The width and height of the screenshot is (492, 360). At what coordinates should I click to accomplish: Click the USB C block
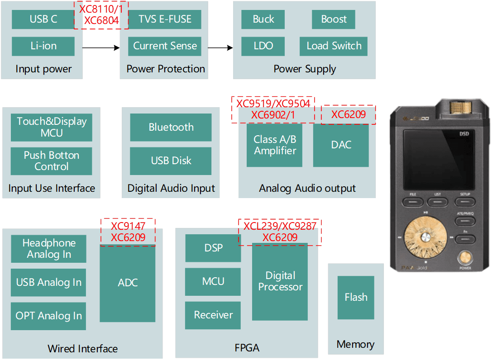43,19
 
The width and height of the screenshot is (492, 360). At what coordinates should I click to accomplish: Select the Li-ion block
43,46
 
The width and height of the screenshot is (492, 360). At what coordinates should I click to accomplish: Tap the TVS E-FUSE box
165,19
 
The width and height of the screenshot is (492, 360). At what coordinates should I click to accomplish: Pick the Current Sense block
165,46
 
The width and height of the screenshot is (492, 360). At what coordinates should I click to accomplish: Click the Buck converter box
263,19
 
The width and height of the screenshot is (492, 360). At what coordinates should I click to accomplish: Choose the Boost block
334,19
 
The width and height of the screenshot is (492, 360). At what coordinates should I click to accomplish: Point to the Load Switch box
334,46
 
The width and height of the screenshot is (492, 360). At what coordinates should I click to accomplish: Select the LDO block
263,46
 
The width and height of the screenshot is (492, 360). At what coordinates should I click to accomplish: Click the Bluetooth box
171,127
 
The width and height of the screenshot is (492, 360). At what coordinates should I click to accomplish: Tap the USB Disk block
171,161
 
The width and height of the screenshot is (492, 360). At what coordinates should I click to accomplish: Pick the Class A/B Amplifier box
274,145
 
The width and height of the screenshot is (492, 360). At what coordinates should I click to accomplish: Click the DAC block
341,145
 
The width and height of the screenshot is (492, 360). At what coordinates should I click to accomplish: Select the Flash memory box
356,297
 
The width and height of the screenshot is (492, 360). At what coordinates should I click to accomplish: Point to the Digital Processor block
280,281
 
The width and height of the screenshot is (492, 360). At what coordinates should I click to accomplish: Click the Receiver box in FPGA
213,315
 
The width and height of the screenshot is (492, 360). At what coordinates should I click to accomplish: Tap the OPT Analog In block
48,316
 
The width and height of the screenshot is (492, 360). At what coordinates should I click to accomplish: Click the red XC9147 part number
128,226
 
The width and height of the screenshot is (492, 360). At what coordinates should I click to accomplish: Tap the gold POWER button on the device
465,258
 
